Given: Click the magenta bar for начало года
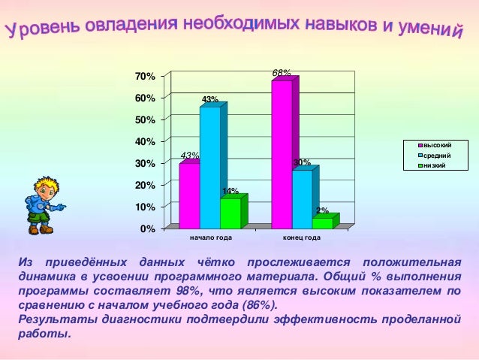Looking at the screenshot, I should pos(189,195).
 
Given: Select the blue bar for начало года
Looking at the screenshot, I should pos(209,168).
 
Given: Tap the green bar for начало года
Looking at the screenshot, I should pos(230,213).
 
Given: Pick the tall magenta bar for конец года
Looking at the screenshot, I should pos(282,154).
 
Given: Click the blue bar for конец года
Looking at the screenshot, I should pos(302,199).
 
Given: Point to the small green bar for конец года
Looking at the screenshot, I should pos(322,222).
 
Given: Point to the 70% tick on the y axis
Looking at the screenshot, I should pos(145,77).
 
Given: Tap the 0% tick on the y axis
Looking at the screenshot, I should pos(147,228).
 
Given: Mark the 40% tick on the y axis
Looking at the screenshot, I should pos(145,141).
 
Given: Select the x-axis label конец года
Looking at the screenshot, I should pos(302,238).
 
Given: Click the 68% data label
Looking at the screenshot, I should pos(282,73).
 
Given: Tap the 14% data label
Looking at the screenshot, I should pos(230,191).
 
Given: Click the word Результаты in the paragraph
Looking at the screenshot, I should pos(53,319).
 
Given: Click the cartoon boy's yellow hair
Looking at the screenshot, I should pos(47,183).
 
